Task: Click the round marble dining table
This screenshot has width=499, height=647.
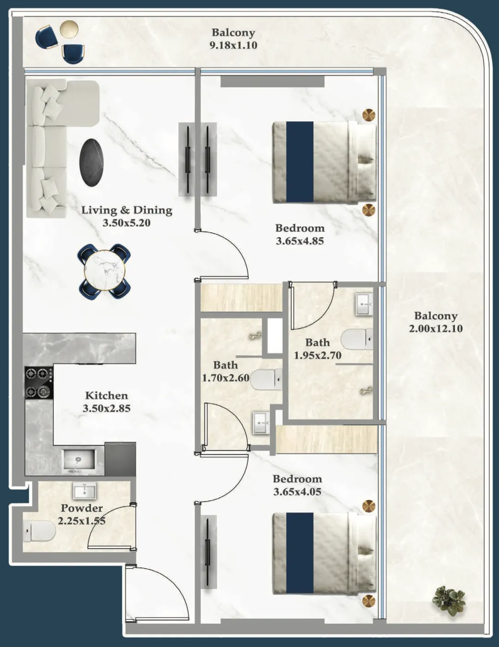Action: pos(104,271)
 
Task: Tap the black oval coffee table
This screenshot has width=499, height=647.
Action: pos(91,162)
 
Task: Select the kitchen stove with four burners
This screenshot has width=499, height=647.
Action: pos(38,382)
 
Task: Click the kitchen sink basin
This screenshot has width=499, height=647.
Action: pos(78,459)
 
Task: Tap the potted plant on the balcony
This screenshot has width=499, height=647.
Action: pos(449,600)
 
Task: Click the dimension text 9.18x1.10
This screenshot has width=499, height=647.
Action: pos(233,45)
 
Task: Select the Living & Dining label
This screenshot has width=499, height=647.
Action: pos(127,210)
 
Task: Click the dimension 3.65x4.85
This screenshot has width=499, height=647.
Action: pos(300,241)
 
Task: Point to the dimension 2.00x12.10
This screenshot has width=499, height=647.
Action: pos(435,329)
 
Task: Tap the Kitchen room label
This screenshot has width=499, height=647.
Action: pos(107,395)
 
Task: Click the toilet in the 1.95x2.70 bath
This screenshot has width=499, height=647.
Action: pos(357,339)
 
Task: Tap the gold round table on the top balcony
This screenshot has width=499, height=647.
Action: pos(69,29)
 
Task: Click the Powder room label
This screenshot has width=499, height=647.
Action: pos(82,508)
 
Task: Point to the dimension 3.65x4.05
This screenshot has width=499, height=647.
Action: pos(297,492)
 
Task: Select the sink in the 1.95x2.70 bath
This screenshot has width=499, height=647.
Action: pos(364,304)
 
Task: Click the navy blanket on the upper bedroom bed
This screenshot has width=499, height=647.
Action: pos(300,162)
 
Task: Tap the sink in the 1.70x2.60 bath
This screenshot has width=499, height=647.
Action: pos(261,422)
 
